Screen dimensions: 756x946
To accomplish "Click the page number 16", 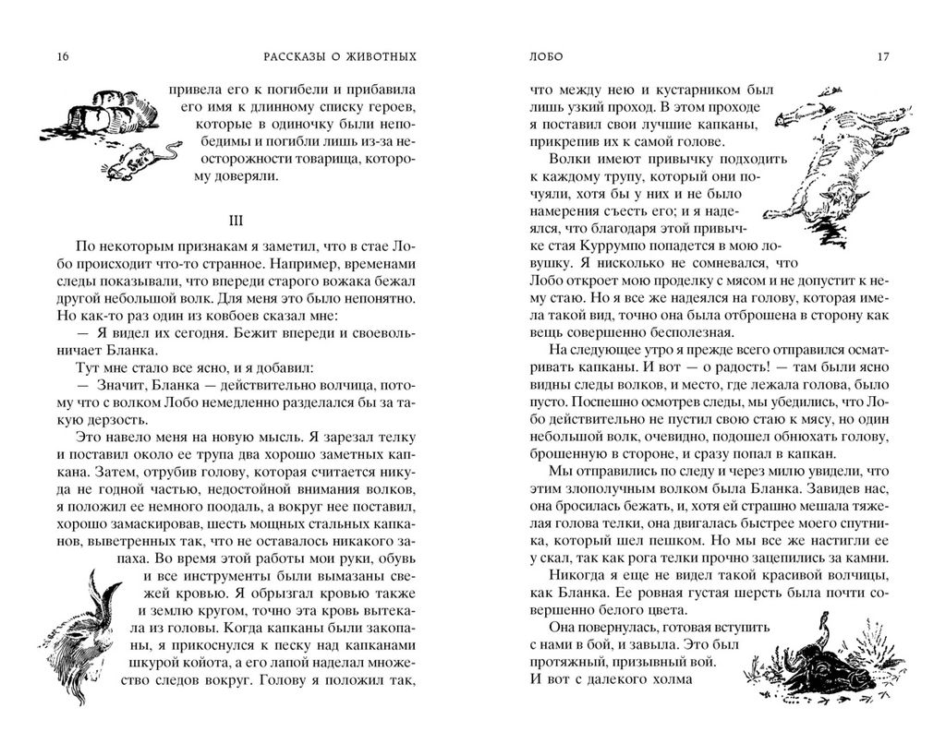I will tap(62, 57).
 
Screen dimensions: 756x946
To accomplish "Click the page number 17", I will tap(883, 57).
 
